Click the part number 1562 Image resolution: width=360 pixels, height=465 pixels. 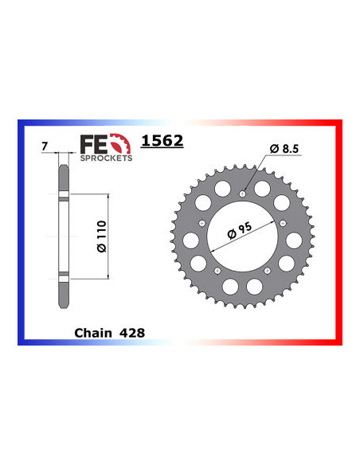[162, 142]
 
